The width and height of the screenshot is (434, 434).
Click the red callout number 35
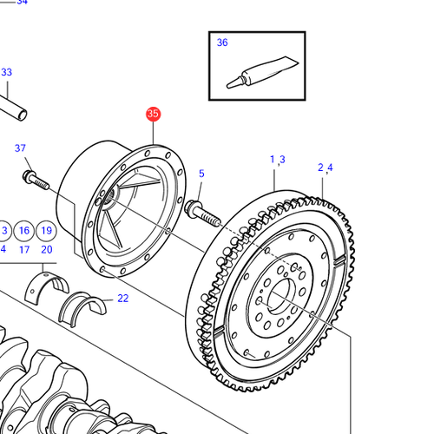[153, 114]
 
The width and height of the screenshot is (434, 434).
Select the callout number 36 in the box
[222, 43]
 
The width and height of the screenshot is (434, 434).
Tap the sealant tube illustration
[262, 72]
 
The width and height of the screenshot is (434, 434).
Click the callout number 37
[20, 148]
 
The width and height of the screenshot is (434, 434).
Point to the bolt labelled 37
[36, 180]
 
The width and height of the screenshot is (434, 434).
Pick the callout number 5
[201, 174]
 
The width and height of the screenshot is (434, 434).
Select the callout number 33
[6, 72]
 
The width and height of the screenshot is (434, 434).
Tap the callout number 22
[123, 299]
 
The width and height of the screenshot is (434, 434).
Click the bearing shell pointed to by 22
[82, 308]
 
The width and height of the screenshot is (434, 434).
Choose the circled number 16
[24, 231]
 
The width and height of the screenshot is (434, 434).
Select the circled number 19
[46, 231]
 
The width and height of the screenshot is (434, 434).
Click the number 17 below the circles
[24, 249]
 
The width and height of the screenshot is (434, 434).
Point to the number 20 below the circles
[47, 249]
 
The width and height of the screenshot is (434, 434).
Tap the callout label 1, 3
[278, 160]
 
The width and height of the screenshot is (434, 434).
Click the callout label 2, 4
[325, 168]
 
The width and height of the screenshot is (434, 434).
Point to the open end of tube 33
[22, 115]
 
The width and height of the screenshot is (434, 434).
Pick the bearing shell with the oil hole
[46, 287]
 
